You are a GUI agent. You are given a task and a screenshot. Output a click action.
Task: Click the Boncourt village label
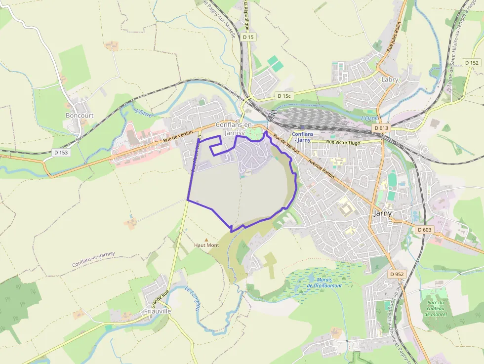(80, 115)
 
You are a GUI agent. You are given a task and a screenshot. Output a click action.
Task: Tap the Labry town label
(390, 79)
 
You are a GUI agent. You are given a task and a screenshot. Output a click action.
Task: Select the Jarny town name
(382, 213)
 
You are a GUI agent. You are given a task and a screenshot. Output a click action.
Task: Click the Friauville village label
(158, 311)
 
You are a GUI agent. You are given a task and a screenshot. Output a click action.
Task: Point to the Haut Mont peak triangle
(206, 240)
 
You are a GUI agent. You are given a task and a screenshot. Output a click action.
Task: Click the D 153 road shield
(61, 153)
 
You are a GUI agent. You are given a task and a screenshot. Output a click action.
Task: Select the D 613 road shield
(381, 128)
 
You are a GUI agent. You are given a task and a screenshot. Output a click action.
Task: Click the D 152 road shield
(472, 63)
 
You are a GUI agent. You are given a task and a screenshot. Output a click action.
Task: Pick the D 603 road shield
(424, 230)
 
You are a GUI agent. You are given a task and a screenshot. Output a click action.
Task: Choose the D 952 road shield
(397, 274)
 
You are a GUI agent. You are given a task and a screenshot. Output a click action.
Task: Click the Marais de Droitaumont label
(324, 283)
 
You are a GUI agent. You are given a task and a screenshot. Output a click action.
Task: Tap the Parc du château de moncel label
(435, 308)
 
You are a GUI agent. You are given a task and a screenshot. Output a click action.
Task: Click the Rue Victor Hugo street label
(344, 142)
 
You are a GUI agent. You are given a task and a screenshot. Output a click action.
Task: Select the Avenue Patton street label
(323, 168)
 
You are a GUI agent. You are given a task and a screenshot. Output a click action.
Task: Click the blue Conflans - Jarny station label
(303, 137)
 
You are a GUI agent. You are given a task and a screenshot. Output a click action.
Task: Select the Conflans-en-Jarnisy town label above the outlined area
(235, 128)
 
